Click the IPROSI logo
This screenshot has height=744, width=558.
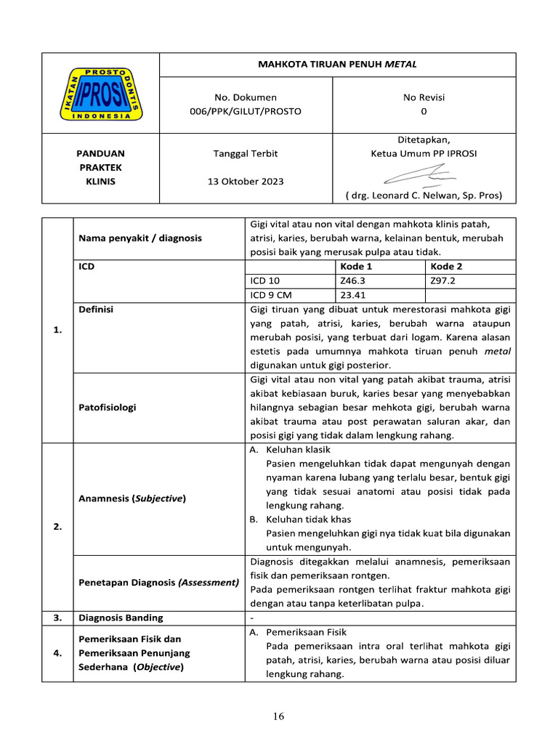pos(100,94)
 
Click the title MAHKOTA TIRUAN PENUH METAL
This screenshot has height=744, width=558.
pos(337,65)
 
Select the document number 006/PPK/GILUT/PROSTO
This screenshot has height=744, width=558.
pos(246,111)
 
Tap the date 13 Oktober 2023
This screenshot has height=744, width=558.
pos(246,181)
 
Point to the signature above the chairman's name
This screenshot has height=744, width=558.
pos(421,175)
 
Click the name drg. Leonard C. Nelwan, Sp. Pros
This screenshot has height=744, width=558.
pos(424,195)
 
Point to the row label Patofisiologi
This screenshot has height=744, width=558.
pos(107,408)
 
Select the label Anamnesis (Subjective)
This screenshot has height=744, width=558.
pos(132,498)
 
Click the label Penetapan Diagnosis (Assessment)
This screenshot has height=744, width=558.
pos(158,582)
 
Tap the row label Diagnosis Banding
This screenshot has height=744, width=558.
pos(121,618)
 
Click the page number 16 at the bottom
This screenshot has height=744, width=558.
pos(279,716)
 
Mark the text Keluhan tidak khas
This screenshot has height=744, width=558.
pos(308,519)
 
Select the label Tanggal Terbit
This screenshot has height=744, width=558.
pos(246,153)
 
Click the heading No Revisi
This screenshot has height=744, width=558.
pos(424,97)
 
